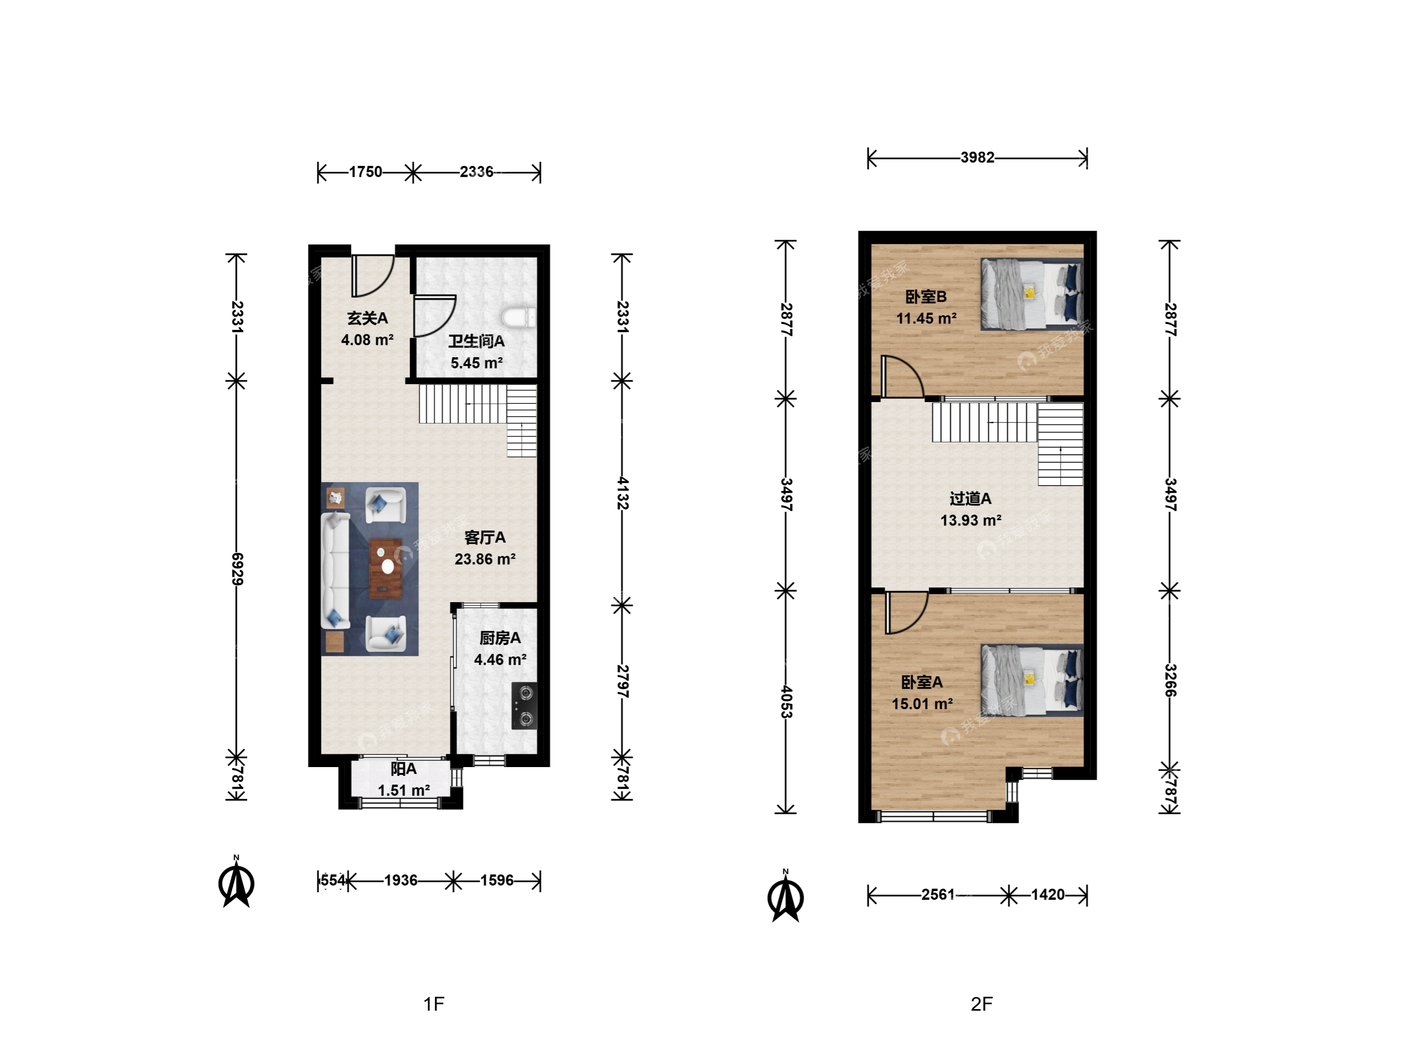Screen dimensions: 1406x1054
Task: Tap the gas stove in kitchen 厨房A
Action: tap(524, 706)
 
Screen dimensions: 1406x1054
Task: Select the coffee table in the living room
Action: tap(386, 568)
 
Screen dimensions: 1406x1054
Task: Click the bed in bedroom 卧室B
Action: tap(1032, 294)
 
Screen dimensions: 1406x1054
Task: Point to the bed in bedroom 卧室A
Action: tap(1032, 680)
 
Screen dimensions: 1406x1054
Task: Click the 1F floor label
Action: tap(434, 1004)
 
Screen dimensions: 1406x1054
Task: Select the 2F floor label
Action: tap(981, 1004)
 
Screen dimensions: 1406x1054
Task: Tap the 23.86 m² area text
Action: tap(485, 559)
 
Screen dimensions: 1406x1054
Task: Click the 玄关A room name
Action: tap(368, 318)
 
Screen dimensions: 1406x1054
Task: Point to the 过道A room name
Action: tap(971, 499)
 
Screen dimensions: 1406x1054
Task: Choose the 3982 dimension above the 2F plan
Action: tap(977, 157)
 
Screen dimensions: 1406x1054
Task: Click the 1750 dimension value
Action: tap(366, 172)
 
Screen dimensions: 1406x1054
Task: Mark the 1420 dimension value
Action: tap(1048, 894)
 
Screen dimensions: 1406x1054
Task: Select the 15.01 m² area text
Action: tap(922, 704)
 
